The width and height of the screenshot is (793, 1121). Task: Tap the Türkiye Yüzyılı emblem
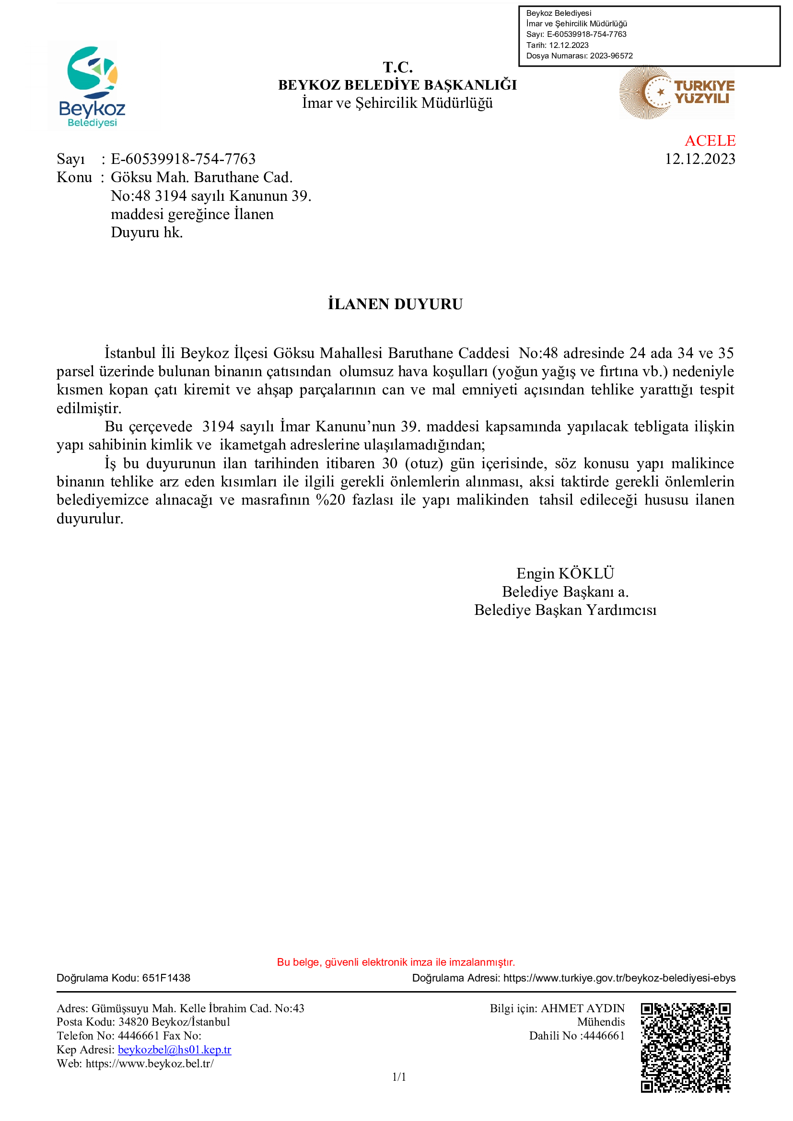tap(677, 93)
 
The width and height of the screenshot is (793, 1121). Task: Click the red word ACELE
tap(710, 140)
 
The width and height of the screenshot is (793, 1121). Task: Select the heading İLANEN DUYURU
tap(395, 304)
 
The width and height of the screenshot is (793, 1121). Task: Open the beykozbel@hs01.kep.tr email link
tap(175, 1049)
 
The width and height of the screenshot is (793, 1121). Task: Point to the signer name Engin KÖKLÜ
tap(565, 573)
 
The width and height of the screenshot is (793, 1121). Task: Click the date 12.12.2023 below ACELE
tap(699, 159)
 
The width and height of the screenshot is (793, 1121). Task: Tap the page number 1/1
tap(399, 1076)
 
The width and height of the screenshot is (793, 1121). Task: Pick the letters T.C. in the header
tap(397, 67)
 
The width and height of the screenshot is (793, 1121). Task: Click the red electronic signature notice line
tap(396, 962)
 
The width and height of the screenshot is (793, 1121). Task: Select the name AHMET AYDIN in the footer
tap(583, 1008)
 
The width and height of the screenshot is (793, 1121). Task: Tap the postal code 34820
tap(133, 1022)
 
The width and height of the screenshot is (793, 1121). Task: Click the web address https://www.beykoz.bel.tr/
tap(150, 1063)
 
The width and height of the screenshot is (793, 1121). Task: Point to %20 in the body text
tap(331, 500)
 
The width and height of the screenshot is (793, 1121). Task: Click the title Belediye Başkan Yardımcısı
tap(565, 610)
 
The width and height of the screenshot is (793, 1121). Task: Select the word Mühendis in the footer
tap(601, 1022)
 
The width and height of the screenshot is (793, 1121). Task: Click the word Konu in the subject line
tap(74, 177)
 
